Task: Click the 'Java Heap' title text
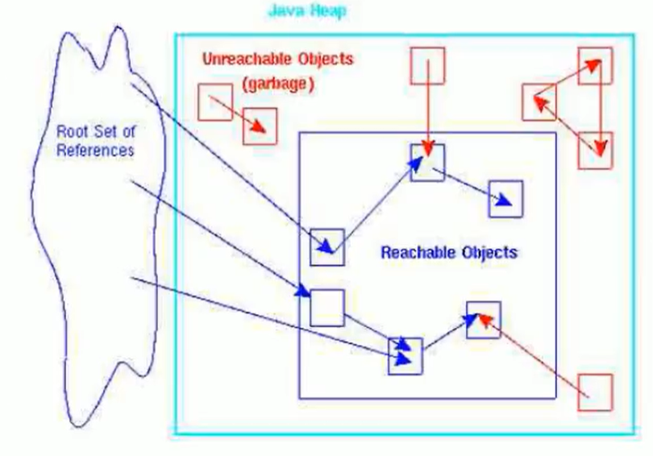(306, 12)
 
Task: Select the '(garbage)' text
(277, 83)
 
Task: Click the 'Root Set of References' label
(95, 140)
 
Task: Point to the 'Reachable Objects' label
(449, 252)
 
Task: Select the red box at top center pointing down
(427, 64)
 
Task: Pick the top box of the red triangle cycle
(595, 64)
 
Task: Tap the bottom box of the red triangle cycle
(596, 149)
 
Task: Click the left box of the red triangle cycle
(539, 102)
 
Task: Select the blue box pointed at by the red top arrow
(427, 162)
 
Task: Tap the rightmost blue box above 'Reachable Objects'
(506, 198)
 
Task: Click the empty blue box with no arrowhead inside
(326, 305)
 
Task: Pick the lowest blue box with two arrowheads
(406, 355)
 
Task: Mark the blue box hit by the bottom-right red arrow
(483, 318)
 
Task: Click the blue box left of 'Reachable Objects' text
(327, 247)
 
